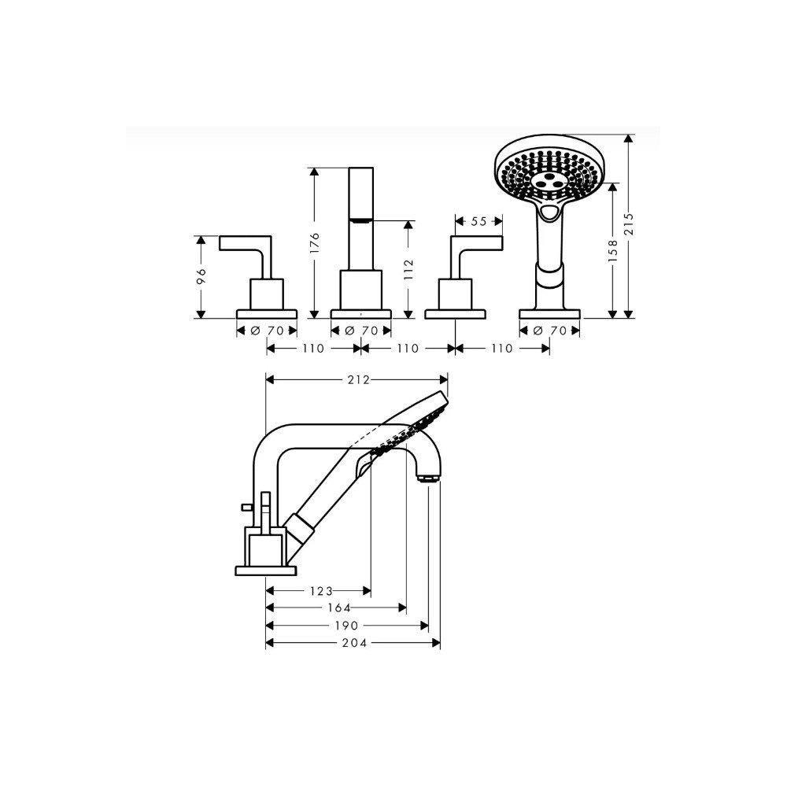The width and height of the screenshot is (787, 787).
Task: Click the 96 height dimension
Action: [x=201, y=276]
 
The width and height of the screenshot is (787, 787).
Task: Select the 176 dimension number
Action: [x=315, y=242]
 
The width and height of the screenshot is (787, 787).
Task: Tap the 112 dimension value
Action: [x=408, y=269]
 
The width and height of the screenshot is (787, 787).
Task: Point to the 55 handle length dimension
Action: [x=478, y=221]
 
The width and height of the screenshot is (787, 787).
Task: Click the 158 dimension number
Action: [x=613, y=250]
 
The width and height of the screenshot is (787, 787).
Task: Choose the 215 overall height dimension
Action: [x=629, y=224]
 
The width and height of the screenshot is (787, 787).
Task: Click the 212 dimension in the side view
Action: [x=358, y=380]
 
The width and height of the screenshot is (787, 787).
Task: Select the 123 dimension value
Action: [x=321, y=591]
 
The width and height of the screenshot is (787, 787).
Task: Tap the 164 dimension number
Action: [x=339, y=608]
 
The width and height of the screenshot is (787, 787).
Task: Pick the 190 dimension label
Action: [x=347, y=626]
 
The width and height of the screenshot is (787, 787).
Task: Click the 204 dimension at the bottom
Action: [x=354, y=642]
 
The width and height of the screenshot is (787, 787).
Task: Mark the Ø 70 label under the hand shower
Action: [x=549, y=331]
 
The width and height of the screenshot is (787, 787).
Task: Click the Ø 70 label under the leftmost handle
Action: [x=267, y=331]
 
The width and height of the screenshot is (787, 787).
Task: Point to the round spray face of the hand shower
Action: [x=549, y=170]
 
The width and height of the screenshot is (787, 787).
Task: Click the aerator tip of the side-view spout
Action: [x=430, y=478]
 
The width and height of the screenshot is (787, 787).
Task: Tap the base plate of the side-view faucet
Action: [x=266, y=571]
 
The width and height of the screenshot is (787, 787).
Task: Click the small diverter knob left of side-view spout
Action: [x=247, y=507]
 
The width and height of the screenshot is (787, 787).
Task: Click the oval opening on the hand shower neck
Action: [x=549, y=212]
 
